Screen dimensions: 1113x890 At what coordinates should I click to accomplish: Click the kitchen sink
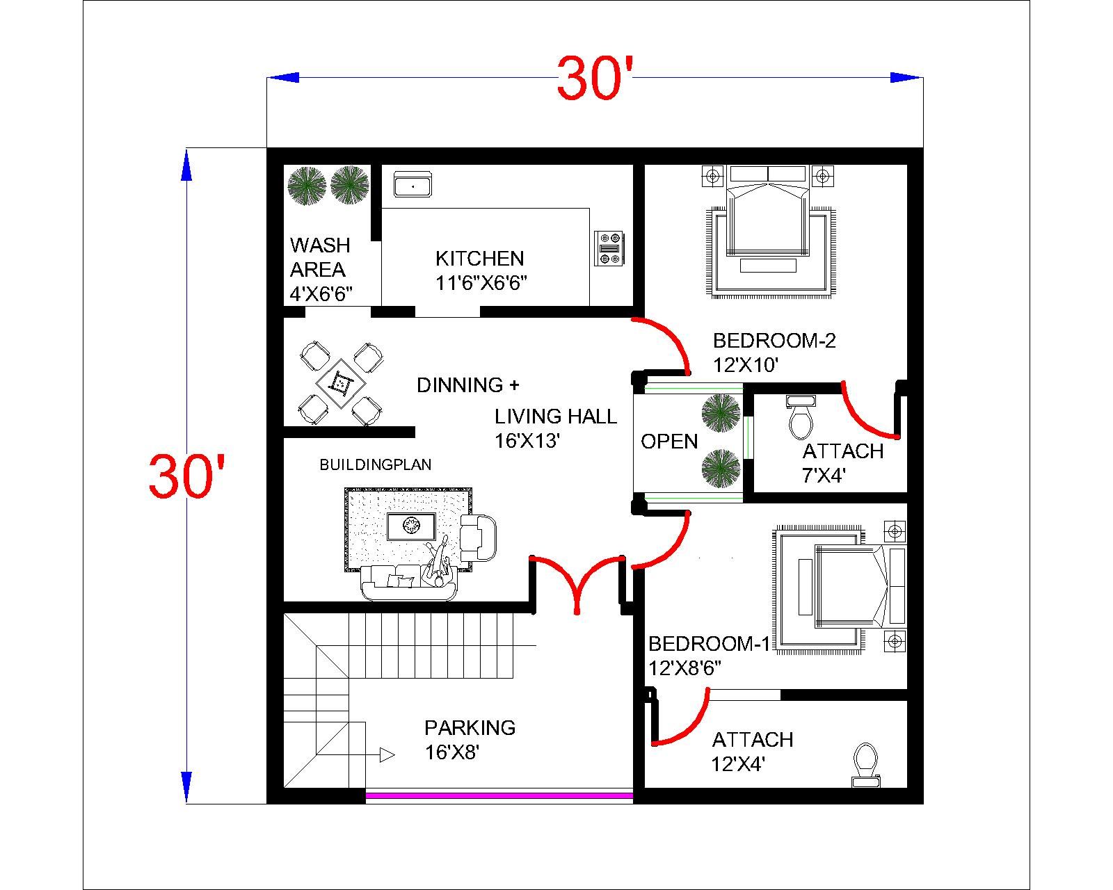413,185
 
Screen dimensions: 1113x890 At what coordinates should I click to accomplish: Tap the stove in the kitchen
609,248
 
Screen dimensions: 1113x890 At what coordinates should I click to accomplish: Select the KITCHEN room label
479,258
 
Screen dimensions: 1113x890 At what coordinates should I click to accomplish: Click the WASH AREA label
319,257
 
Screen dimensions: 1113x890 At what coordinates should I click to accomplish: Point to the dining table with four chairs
342,383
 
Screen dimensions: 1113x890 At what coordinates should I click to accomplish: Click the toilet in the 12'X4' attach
865,765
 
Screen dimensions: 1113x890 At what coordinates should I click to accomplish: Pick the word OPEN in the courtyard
668,441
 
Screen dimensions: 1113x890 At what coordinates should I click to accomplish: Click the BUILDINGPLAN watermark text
375,464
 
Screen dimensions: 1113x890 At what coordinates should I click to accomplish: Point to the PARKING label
470,727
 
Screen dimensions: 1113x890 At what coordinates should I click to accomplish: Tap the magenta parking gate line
499,796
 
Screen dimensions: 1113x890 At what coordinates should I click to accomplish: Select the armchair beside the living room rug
478,538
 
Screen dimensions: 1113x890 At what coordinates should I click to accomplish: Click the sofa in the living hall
409,582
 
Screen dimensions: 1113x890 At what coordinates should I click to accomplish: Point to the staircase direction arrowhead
387,755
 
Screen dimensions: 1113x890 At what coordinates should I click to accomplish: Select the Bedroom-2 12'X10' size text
745,365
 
